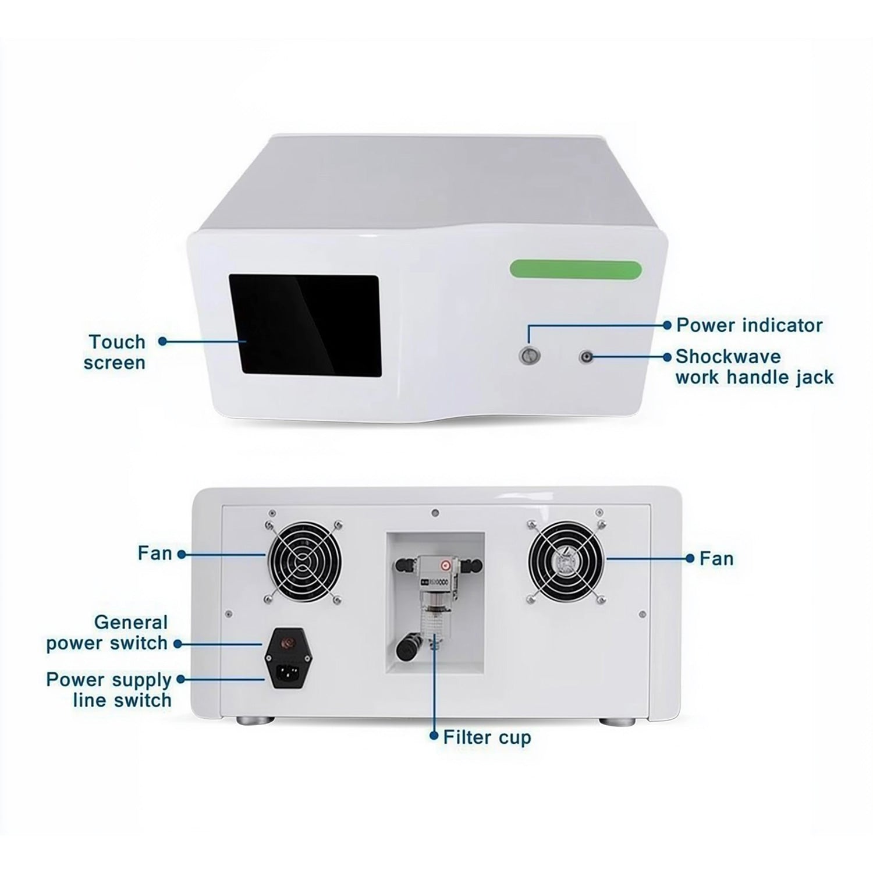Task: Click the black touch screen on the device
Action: coord(305,325)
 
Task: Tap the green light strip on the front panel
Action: coord(576,269)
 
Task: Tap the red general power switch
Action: coord(286,643)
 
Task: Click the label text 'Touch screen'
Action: coord(114,352)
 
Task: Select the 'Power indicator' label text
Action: coord(749,325)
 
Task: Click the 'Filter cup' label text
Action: coord(487,737)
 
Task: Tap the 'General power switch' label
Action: coord(107,633)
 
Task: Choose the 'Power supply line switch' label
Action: coord(109,690)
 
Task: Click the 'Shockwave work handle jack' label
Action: coord(754,367)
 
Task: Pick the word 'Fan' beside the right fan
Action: coord(716,559)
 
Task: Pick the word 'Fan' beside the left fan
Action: coord(155,553)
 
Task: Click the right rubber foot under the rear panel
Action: coord(618,721)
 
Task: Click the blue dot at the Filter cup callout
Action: coord(433,736)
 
